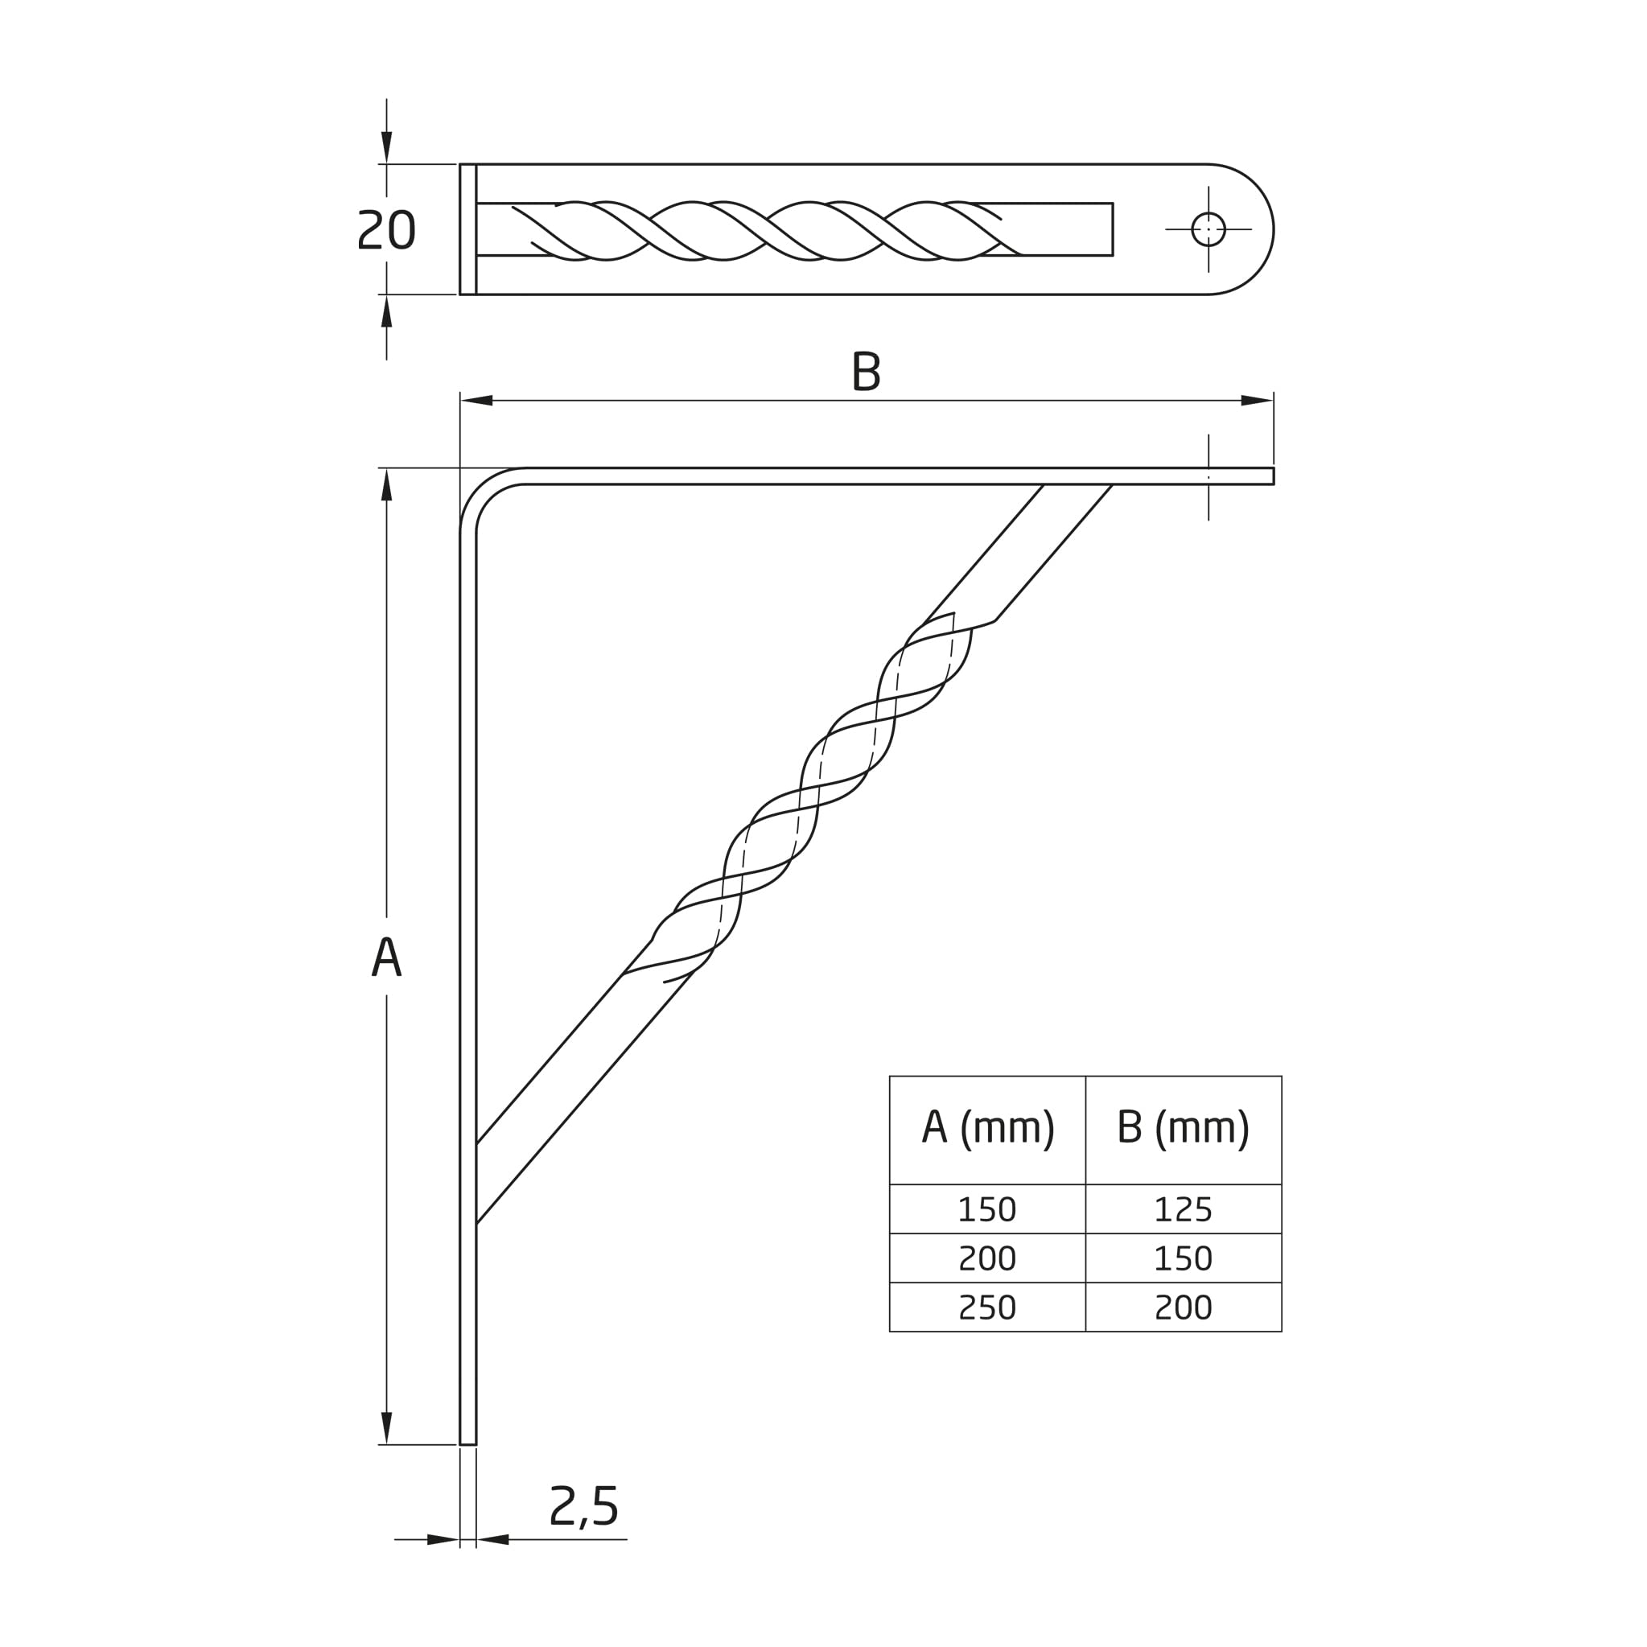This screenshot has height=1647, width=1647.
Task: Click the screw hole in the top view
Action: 1208,229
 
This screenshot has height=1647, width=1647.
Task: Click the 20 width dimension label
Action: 386,230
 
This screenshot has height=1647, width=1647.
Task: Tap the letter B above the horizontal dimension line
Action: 866,372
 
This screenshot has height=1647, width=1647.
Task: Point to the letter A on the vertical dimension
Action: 386,956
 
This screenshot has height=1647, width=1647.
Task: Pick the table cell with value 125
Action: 1184,1208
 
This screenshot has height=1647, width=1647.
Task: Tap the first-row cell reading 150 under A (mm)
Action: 988,1208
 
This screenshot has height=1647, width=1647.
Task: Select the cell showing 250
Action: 988,1307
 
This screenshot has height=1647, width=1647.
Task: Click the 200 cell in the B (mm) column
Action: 1184,1307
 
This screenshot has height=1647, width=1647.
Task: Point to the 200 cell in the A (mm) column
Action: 988,1258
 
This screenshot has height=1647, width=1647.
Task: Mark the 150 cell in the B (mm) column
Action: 1184,1258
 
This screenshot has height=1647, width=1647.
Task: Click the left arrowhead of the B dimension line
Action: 476,401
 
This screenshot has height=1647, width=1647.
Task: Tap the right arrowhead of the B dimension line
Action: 1257,401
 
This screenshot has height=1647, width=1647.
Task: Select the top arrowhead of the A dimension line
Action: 386,484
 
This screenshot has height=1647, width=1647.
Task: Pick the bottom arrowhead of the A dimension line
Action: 386,1429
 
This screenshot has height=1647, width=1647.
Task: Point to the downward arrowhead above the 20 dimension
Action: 386,147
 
